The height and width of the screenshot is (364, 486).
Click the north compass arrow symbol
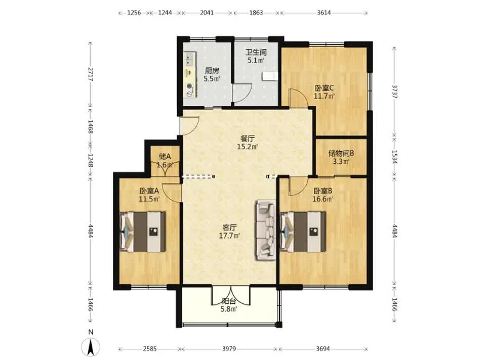[91, 347]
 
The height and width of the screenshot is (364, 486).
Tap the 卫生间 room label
[256, 52]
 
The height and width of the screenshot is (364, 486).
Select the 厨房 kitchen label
[212, 71]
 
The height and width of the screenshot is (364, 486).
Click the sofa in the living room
[266, 231]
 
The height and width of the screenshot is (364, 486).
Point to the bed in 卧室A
[143, 231]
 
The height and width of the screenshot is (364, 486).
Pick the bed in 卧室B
[303, 231]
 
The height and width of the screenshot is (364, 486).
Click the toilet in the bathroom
[270, 76]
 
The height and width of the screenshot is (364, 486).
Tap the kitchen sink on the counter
[189, 60]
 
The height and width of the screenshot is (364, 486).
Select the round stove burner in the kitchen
[189, 87]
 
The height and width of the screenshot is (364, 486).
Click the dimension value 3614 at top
[324, 13]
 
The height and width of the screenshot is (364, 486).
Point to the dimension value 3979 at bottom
[229, 349]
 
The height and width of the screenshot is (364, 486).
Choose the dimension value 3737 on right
[394, 92]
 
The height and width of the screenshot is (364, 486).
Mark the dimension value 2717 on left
[90, 74]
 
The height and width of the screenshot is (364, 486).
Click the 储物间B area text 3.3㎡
[341, 161]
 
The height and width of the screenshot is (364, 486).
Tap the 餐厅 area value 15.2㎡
[248, 147]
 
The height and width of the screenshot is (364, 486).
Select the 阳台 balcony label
[229, 301]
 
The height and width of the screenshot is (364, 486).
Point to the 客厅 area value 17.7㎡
[230, 236]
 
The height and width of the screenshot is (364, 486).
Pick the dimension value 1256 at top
[134, 13]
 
